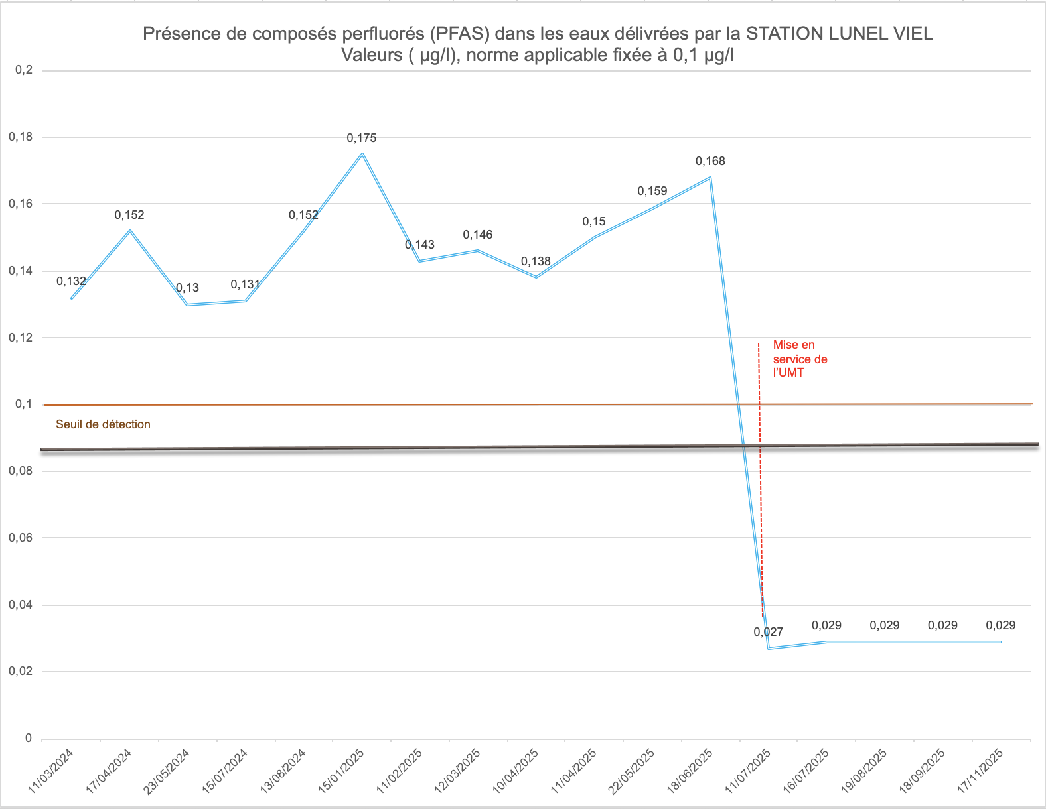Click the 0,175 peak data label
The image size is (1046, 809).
click(x=362, y=138)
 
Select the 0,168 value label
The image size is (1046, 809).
click(x=710, y=161)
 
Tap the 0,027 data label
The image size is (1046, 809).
click(x=769, y=632)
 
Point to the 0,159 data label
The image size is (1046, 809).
click(x=652, y=191)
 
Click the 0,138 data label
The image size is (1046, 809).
click(x=536, y=261)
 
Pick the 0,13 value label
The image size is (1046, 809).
click(x=188, y=288)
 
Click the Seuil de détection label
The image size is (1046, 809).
click(x=103, y=424)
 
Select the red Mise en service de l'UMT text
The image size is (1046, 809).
click(x=800, y=359)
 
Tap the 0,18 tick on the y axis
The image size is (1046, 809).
click(x=21, y=137)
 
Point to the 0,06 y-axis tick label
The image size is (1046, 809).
click(x=21, y=538)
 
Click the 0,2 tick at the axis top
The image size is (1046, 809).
click(x=24, y=70)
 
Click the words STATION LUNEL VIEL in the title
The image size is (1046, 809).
click(x=840, y=34)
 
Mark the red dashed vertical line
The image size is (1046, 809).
click(x=761, y=477)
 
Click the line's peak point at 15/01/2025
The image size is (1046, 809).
click(x=362, y=154)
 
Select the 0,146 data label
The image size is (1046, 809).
click(x=478, y=235)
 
